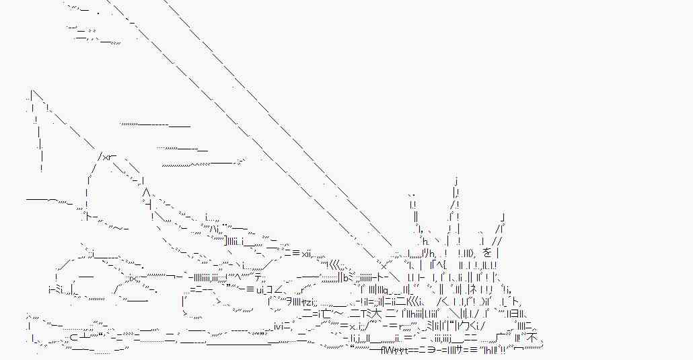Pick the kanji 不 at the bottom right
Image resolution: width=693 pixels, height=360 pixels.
(532, 336)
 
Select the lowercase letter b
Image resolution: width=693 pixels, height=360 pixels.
(344, 277)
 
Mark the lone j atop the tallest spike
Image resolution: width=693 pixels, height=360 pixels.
(456, 180)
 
